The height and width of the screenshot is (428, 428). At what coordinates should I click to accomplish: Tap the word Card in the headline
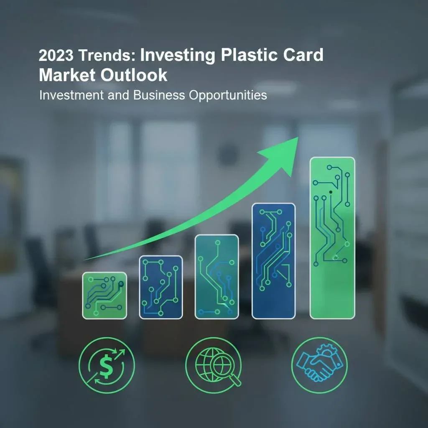(x=302, y=56)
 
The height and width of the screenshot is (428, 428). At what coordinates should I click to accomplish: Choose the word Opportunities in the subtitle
(x=228, y=95)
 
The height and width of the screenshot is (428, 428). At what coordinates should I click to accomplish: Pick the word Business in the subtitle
(x=159, y=95)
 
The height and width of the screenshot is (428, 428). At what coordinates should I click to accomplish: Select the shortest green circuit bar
(x=104, y=296)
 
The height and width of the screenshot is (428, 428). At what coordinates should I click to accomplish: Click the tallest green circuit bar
(x=332, y=237)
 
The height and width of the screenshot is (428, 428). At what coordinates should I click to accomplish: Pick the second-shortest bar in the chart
(x=160, y=287)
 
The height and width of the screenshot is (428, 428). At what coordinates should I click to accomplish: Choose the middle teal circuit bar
(x=217, y=277)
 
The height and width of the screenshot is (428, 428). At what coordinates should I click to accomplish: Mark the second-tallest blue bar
(x=273, y=261)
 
